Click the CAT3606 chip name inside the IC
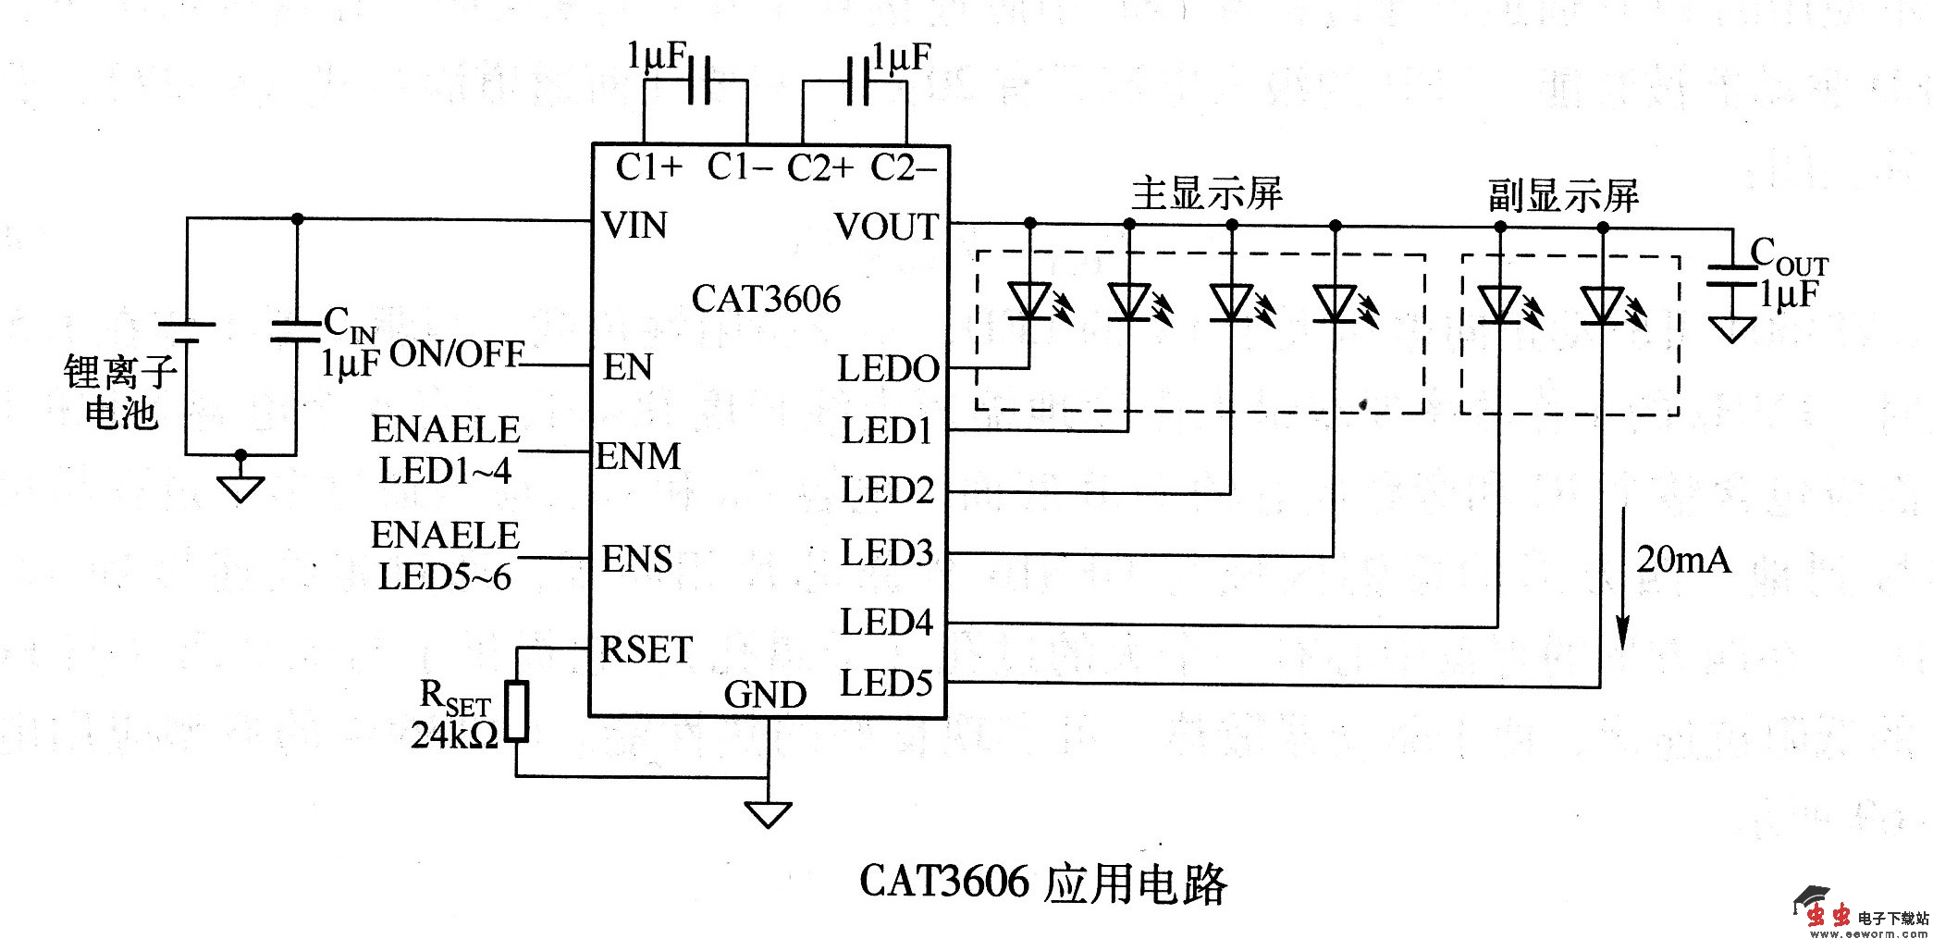point(766,299)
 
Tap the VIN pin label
point(634,225)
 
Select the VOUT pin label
point(886,227)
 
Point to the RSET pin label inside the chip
point(646,649)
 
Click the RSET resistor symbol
point(516,711)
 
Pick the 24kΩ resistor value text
point(454,735)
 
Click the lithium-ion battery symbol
point(186,332)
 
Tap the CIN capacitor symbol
point(296,332)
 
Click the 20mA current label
point(1683,560)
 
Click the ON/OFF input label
point(457,353)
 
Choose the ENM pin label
point(638,456)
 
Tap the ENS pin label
point(636,559)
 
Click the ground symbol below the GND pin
point(768,814)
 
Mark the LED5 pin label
point(886,684)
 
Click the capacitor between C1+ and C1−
point(696,80)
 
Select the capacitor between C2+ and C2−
point(856,80)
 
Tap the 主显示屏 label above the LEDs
point(1206,193)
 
